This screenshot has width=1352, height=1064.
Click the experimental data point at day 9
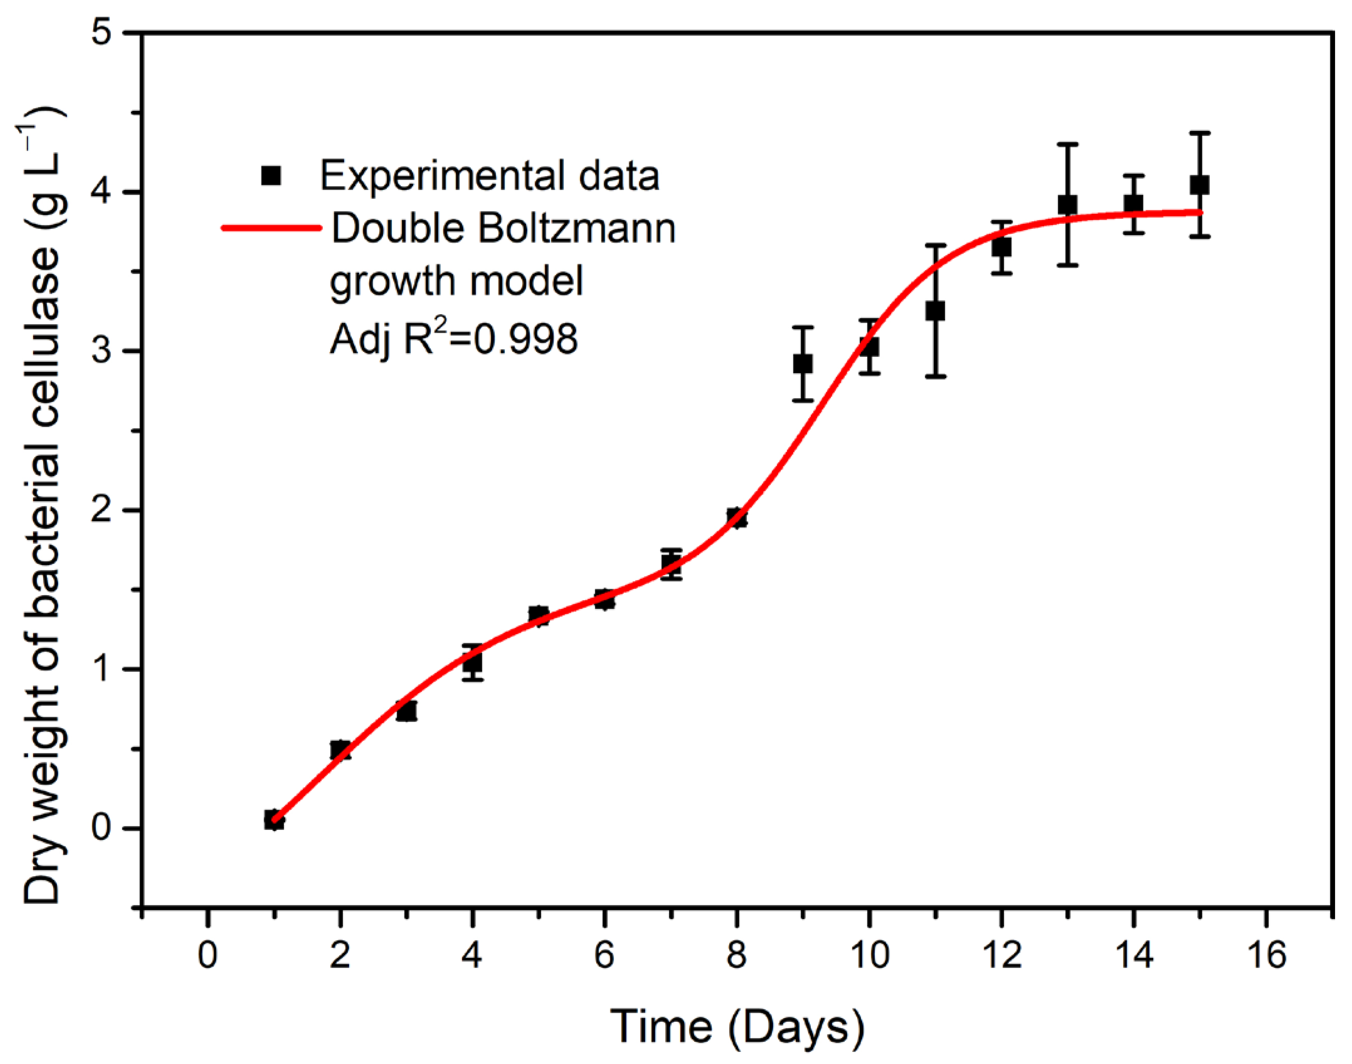tap(803, 364)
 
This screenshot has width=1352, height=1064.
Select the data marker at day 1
tap(273, 820)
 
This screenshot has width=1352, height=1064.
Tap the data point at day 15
tap(1199, 185)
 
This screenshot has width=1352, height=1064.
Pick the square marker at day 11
tap(935, 311)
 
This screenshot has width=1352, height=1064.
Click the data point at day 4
tap(472, 663)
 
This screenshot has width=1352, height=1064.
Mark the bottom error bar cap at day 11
tap(935, 376)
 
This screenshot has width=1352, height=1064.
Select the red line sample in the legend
tap(271, 228)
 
